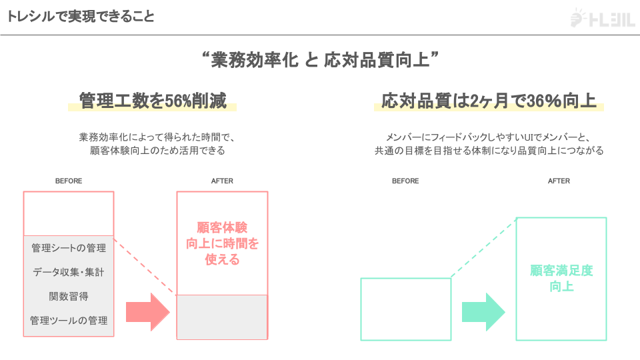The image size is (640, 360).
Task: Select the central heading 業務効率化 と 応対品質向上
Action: point(320,61)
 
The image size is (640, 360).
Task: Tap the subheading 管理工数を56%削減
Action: point(152,101)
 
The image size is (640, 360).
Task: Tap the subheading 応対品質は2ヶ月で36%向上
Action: point(489,101)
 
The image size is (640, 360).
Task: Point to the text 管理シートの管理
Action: point(69,248)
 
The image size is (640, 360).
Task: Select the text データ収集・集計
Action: point(69,272)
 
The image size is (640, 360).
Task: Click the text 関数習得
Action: point(69,296)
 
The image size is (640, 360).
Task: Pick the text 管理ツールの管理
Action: point(69,321)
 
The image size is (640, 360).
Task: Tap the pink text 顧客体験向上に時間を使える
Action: point(222,243)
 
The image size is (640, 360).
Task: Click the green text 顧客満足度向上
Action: point(561,279)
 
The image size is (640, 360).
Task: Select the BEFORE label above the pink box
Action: point(69,181)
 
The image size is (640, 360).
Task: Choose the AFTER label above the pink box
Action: point(222,181)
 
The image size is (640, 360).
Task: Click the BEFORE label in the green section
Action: point(405,181)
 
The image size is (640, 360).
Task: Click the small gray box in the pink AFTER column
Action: point(222,317)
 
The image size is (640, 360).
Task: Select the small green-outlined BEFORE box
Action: point(405,309)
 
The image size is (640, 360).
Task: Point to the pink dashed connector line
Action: point(145,265)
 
